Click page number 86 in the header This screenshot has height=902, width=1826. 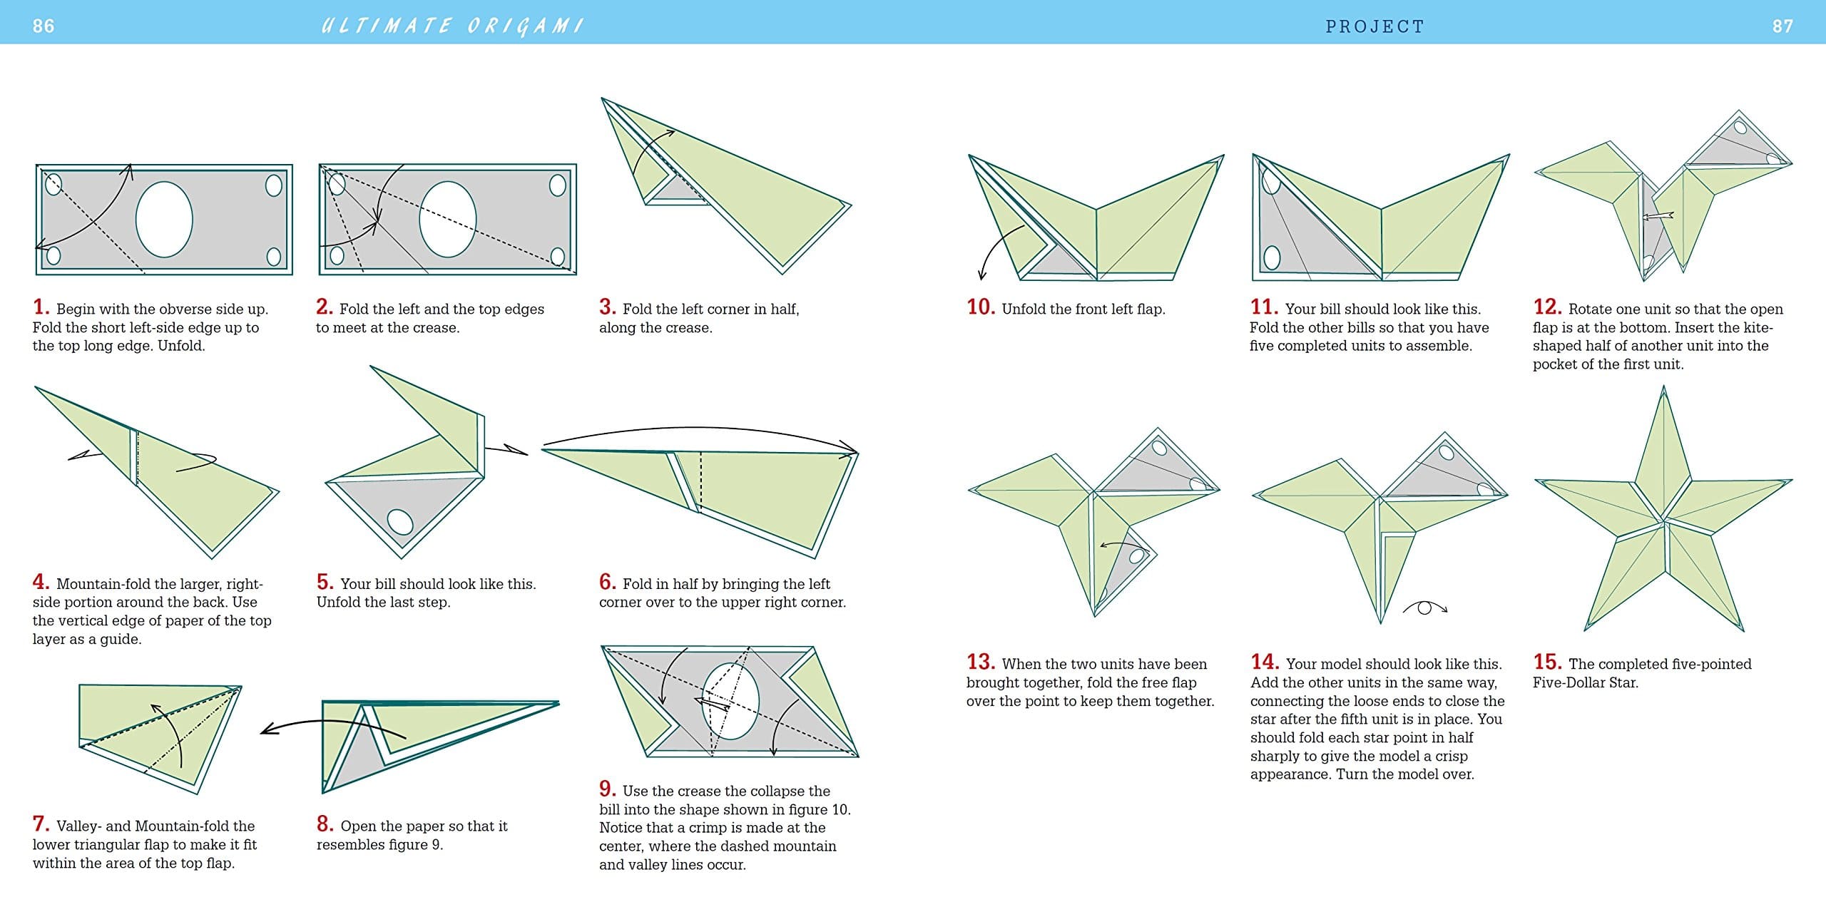[44, 26]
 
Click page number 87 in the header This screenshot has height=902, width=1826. [1782, 26]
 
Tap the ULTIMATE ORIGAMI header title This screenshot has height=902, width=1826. [452, 26]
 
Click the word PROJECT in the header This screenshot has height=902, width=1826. [1374, 26]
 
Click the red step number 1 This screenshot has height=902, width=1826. [41, 307]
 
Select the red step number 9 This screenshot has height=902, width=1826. [607, 789]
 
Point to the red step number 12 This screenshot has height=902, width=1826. [1546, 307]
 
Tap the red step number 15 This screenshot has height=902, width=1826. [1547, 662]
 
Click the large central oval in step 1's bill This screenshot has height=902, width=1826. [164, 219]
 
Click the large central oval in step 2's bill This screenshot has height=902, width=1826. [447, 219]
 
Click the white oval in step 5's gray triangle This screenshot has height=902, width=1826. [400, 521]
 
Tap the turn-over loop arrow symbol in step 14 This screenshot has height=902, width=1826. [1424, 608]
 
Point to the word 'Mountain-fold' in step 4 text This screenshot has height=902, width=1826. [103, 584]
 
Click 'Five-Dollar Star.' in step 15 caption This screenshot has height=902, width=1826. [1585, 682]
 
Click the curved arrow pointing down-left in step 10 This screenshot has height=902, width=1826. [995, 253]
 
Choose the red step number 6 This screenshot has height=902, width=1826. [607, 582]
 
